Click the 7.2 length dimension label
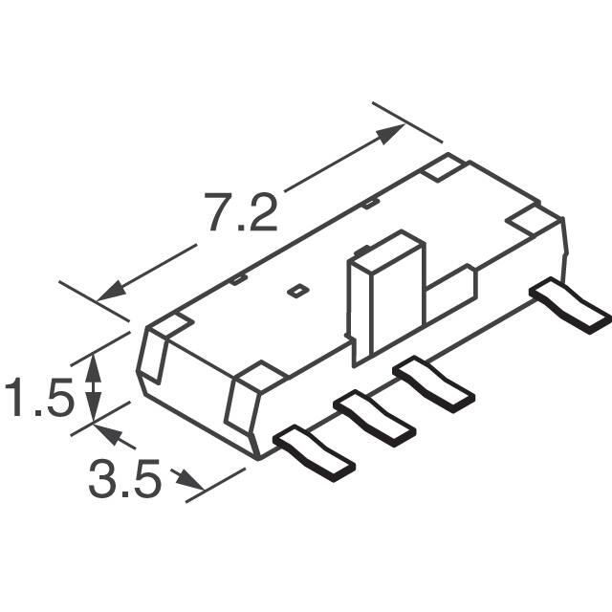pos(241,212)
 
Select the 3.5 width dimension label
pos(124,478)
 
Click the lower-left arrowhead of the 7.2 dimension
pos(111,292)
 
